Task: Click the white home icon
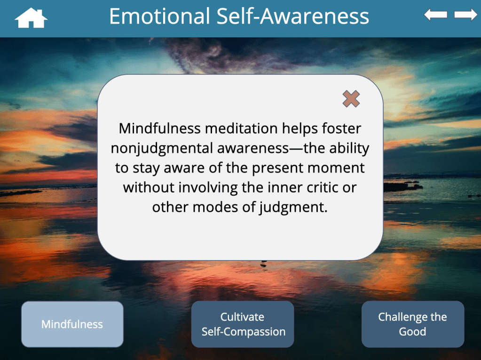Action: [x=31, y=18]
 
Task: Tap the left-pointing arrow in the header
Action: [x=435, y=15]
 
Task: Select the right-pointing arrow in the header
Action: [x=465, y=15]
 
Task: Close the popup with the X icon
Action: [x=351, y=99]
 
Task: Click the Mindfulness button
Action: [x=72, y=324]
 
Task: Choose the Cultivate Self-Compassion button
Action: [x=243, y=324]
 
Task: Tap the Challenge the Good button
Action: [x=413, y=324]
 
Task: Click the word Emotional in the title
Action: [x=159, y=16]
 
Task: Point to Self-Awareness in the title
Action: [x=292, y=16]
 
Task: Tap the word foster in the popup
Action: [x=341, y=128]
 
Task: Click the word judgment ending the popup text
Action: [x=293, y=208]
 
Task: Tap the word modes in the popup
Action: [x=215, y=207]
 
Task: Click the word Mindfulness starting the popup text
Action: [x=159, y=128]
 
